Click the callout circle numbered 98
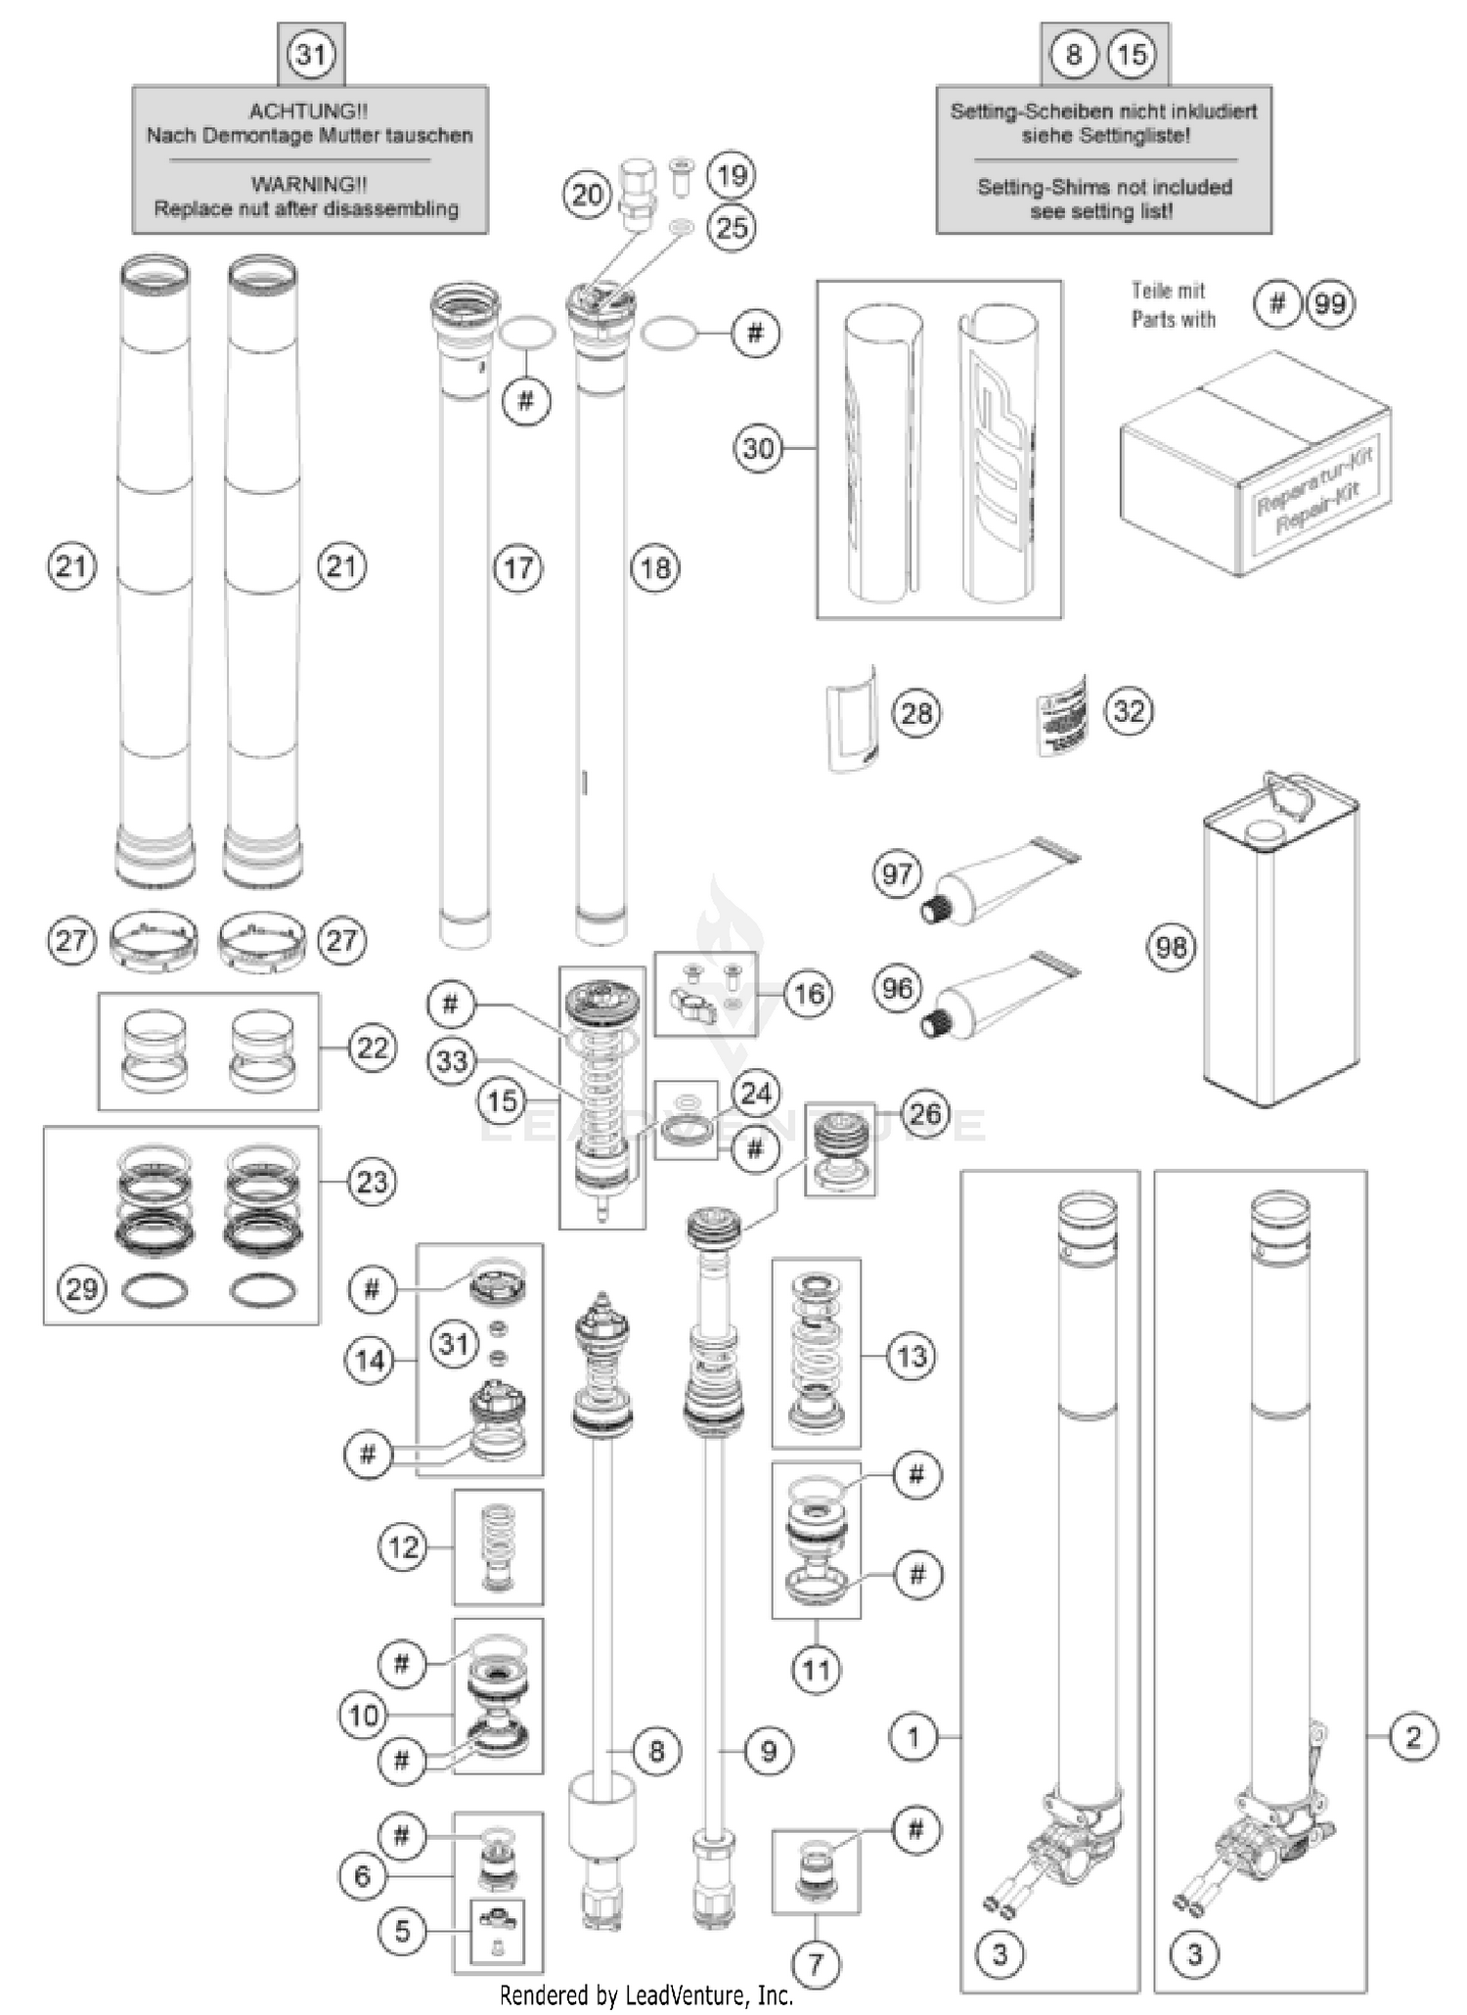point(1171,947)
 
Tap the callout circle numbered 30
point(759,449)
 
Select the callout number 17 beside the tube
point(518,567)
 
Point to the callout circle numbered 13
point(911,1357)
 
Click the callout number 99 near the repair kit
point(1330,304)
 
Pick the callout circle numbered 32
point(1129,711)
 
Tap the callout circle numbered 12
point(403,1547)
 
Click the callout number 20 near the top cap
point(587,195)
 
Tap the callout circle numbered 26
point(925,1113)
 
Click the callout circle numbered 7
point(816,1962)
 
